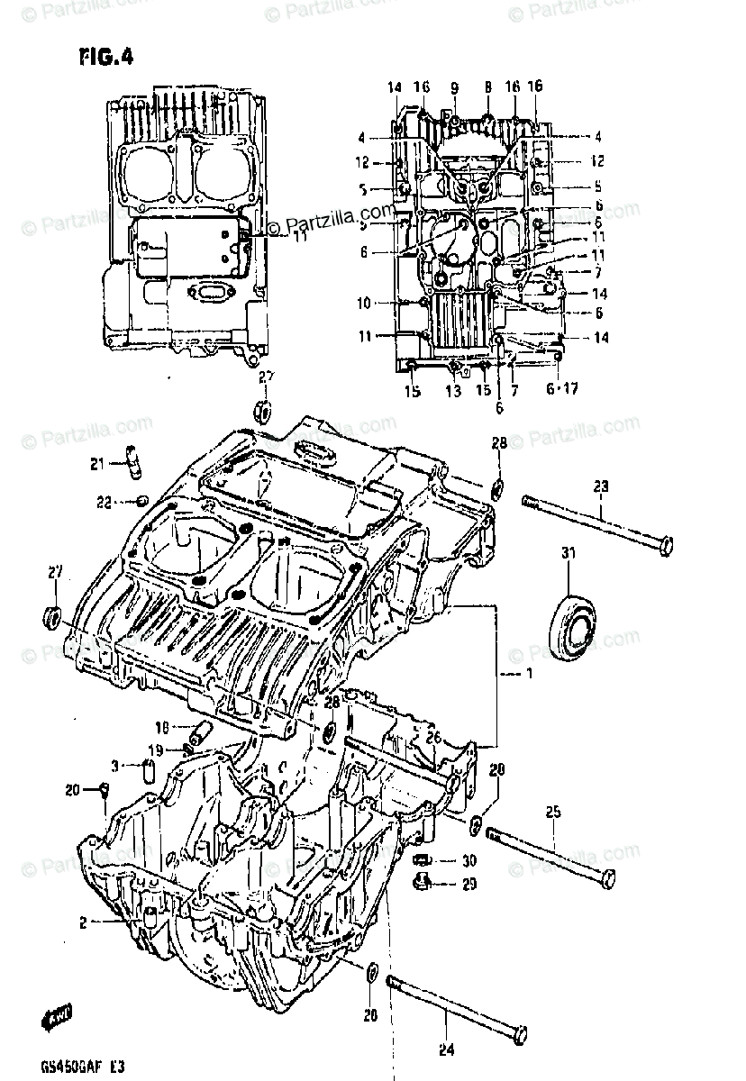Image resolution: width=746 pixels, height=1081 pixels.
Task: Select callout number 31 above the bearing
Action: tap(568, 552)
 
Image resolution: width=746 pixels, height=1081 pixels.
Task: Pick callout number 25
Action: tap(551, 813)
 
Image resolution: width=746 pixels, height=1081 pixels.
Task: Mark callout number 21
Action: tap(98, 465)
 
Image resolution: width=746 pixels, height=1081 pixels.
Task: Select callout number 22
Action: tap(104, 502)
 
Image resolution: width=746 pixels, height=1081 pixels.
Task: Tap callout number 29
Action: tap(468, 885)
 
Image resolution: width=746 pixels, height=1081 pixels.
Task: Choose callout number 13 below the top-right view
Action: tap(452, 391)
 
